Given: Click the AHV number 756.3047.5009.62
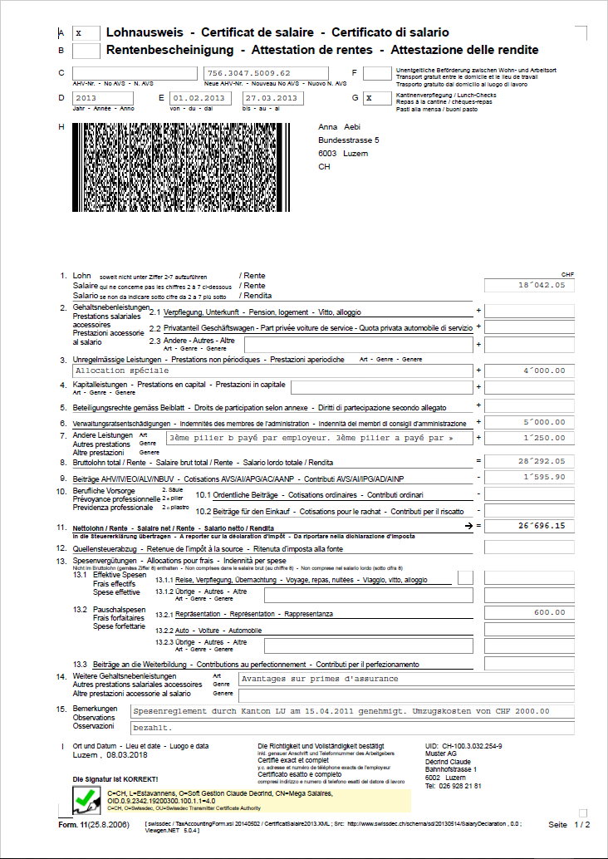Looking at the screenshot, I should coord(249,73).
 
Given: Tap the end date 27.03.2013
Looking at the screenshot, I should coord(268,98).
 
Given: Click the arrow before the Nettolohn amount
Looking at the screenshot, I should coord(470,526).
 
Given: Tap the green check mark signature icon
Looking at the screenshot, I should coord(85,800).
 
